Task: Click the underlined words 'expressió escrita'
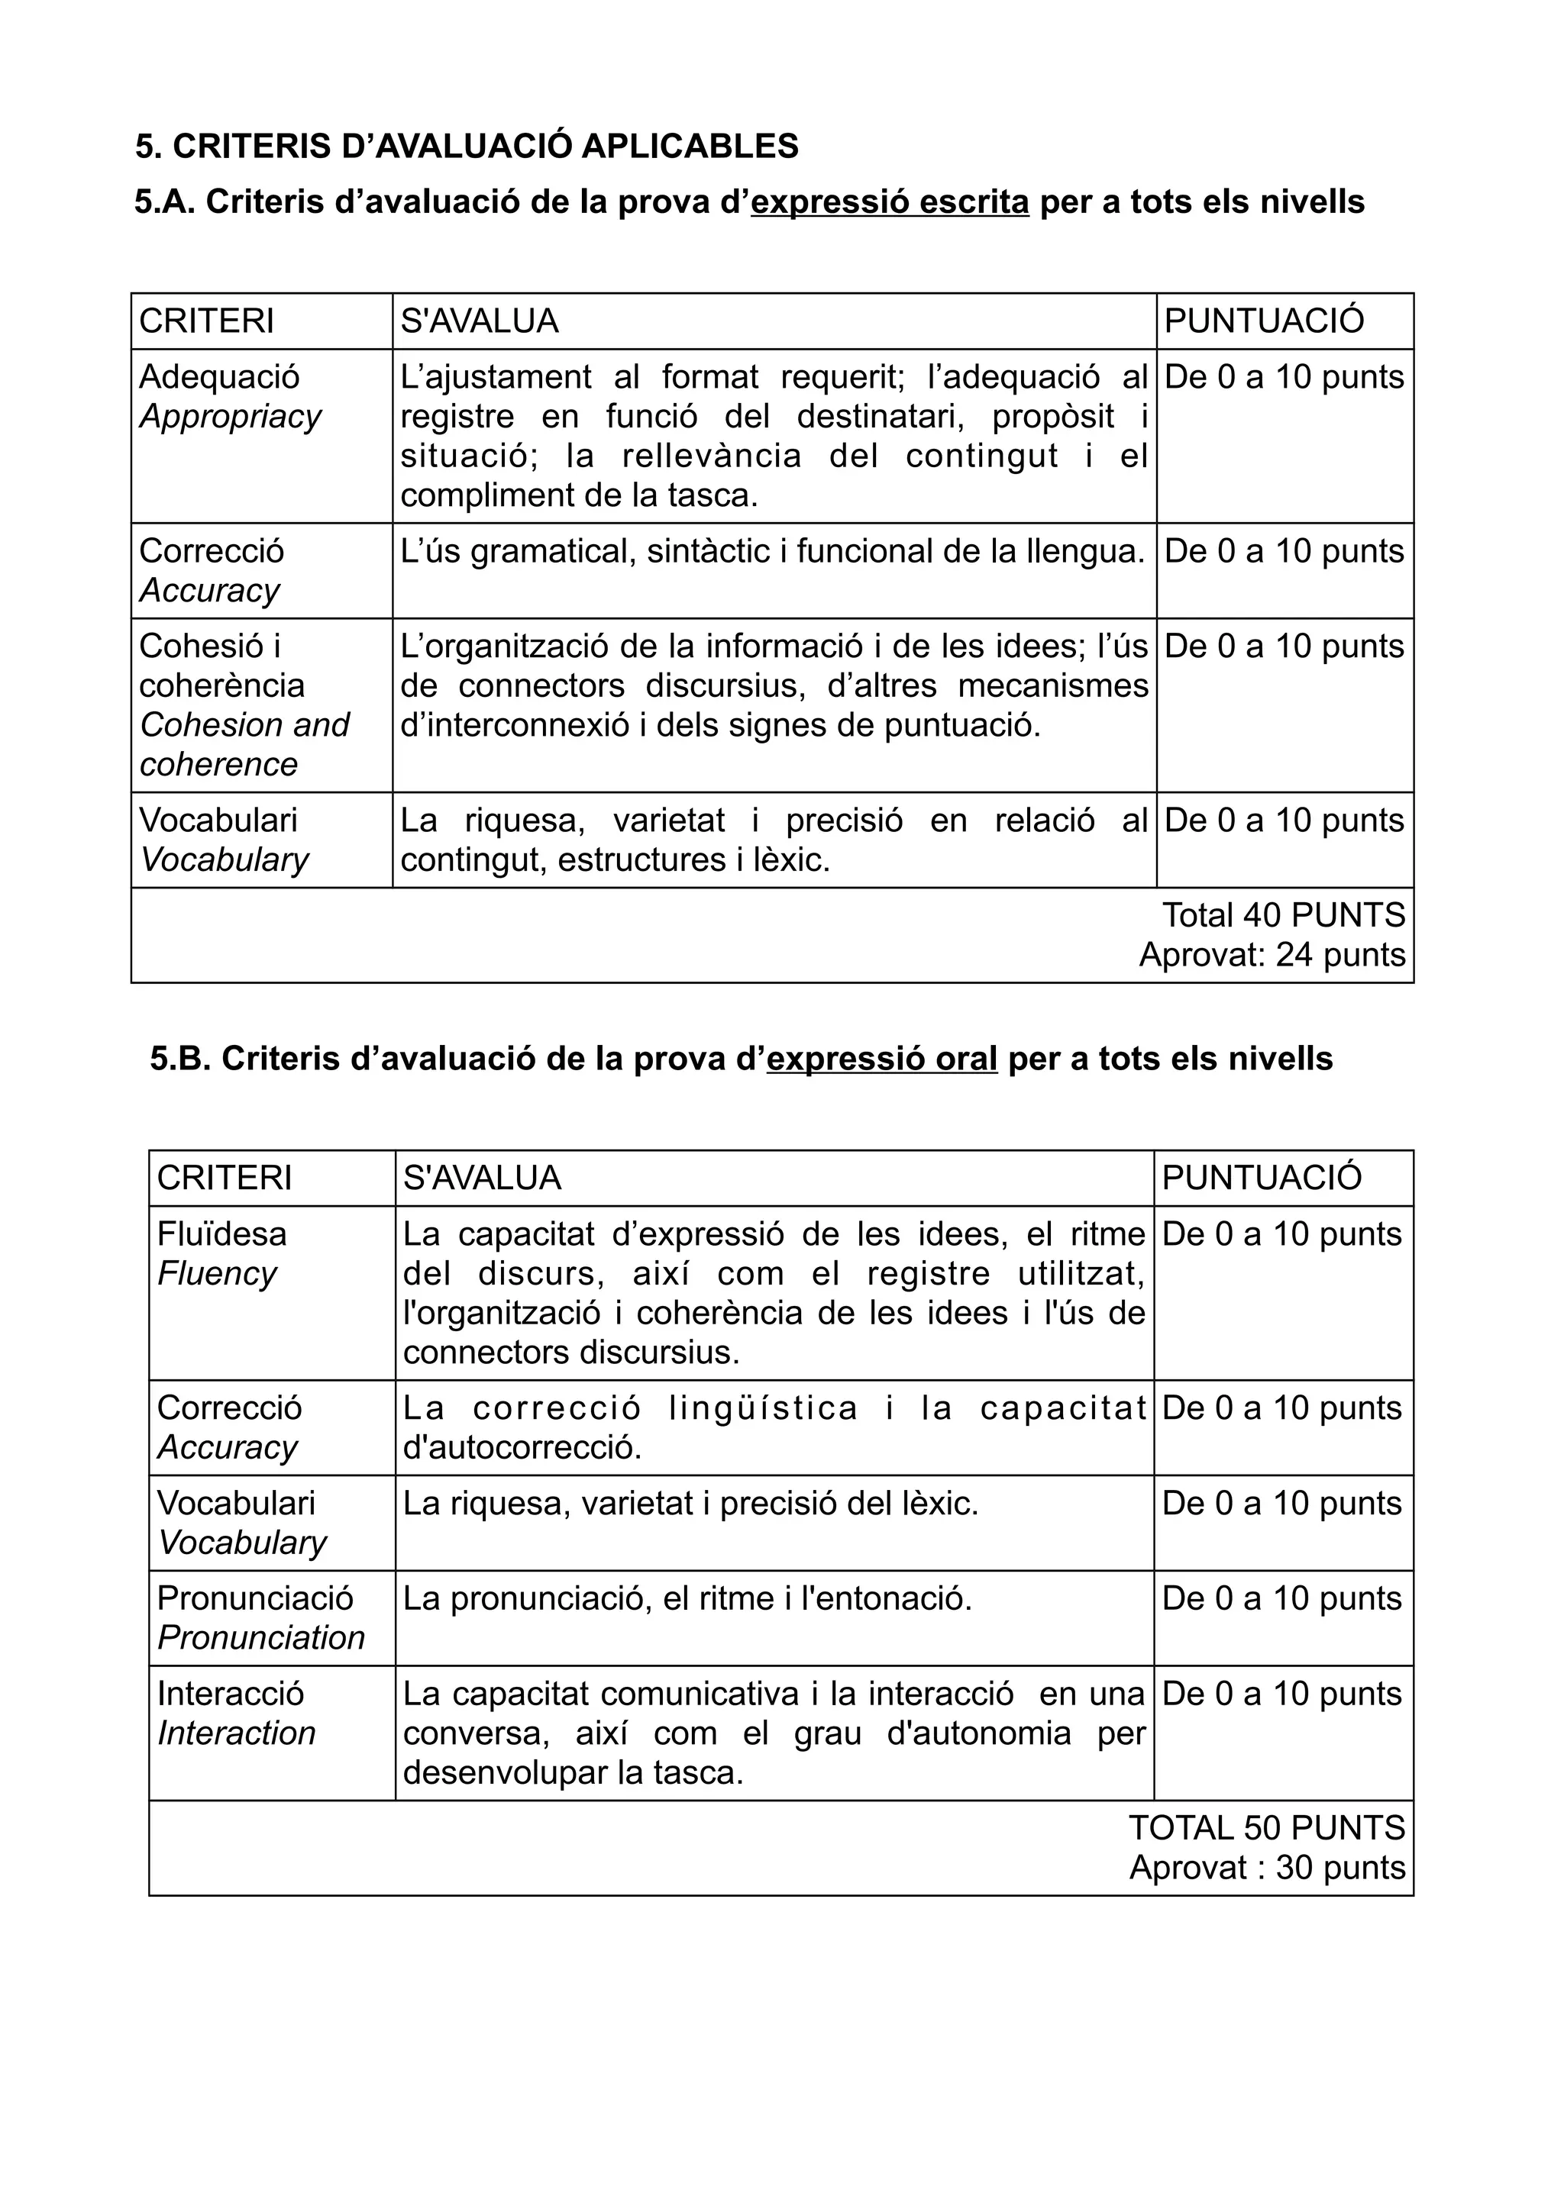890,202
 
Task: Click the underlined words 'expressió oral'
882,1059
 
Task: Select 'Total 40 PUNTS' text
1283,914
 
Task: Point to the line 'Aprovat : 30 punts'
1266,1867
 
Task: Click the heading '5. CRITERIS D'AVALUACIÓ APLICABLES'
467,147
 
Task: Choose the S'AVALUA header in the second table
481,1177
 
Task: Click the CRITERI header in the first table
206,321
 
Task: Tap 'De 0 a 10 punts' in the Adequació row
1284,377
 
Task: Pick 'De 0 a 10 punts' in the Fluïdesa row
1281,1233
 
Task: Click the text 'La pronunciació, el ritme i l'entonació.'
687,1598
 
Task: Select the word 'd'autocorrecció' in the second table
522,1447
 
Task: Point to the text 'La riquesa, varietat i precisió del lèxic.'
690,1503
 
